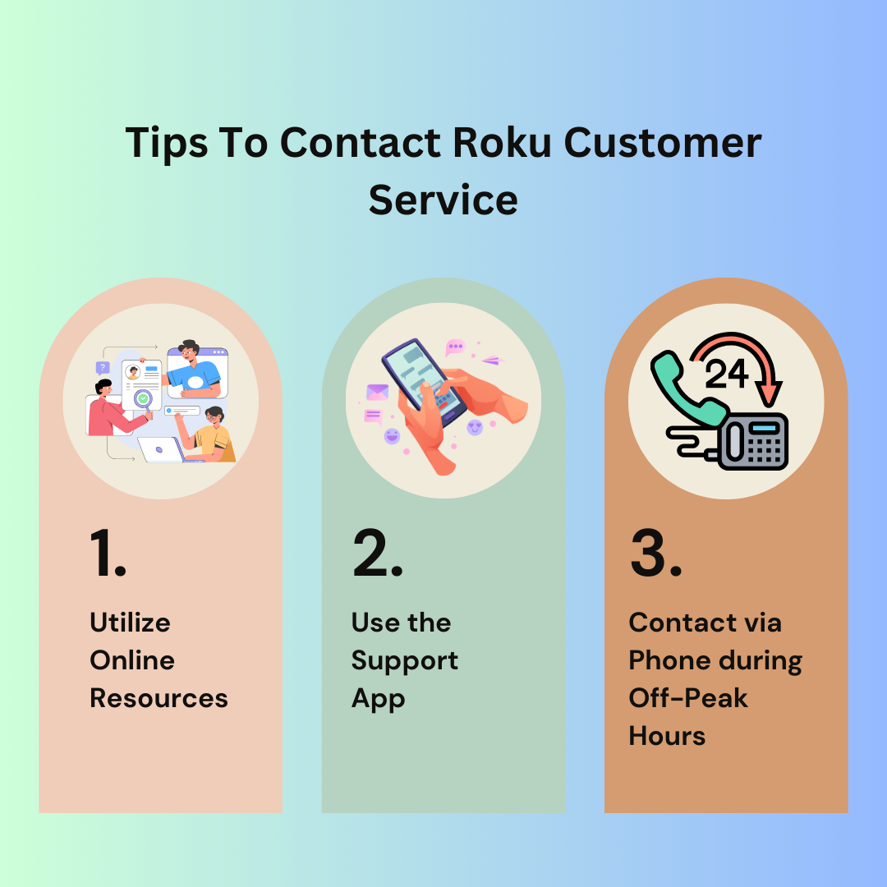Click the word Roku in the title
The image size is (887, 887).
click(x=502, y=143)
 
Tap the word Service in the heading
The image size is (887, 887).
click(x=443, y=200)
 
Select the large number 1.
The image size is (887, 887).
click(x=108, y=553)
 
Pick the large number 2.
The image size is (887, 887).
click(x=377, y=553)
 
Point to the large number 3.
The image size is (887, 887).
click(x=656, y=553)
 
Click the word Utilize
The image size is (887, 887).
click(x=130, y=623)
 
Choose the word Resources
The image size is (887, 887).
click(x=159, y=699)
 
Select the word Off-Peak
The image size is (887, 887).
click(x=688, y=699)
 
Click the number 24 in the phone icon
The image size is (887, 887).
click(x=726, y=374)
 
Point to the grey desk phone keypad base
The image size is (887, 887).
click(x=753, y=441)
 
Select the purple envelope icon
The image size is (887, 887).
click(x=377, y=392)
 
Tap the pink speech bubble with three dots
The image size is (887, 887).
click(x=455, y=347)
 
